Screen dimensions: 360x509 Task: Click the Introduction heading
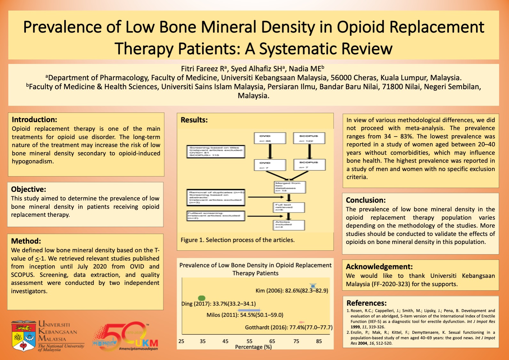[34, 120]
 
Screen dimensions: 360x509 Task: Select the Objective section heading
[28, 189]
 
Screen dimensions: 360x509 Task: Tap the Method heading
[26, 241]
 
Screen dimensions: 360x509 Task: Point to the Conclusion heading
[366, 200]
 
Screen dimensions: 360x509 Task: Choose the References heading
[366, 303]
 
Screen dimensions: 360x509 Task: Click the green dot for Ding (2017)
[202, 298]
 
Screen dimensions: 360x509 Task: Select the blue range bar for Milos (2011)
[249, 310]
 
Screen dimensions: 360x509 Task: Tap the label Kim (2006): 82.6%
[291, 291]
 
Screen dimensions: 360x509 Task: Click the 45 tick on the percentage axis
[225, 341]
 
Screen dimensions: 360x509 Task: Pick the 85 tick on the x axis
[319, 341]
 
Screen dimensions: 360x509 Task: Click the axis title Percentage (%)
[253, 347]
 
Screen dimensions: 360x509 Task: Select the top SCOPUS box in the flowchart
[309, 138]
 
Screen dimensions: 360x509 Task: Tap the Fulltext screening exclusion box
[216, 216]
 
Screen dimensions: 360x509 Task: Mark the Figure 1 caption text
[237, 240]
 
